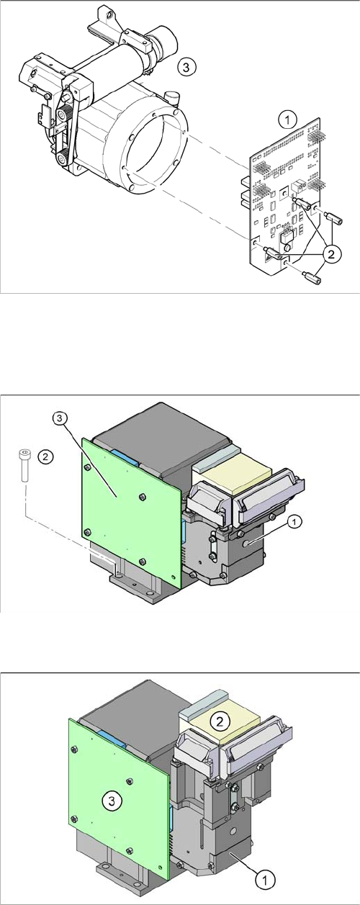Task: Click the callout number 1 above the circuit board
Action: [287, 120]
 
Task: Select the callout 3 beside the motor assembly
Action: [186, 67]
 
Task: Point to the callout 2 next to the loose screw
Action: [45, 457]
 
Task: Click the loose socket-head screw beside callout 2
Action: [24, 464]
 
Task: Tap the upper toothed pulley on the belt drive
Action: [64, 114]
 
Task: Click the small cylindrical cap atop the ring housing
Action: [171, 98]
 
